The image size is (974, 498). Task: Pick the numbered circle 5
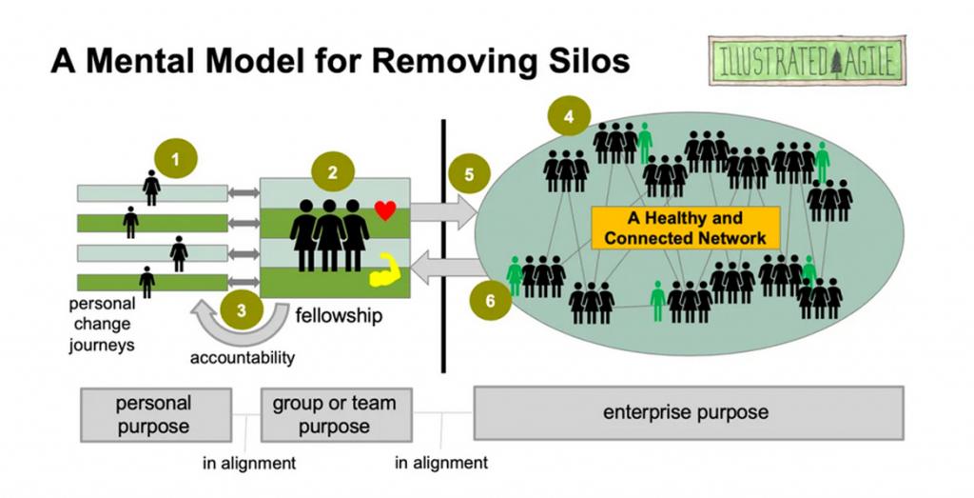(x=468, y=174)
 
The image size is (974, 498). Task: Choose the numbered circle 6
(x=490, y=300)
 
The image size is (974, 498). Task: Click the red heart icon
(x=384, y=210)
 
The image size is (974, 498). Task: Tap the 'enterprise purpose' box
(x=686, y=413)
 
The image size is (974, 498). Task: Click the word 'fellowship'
(x=338, y=316)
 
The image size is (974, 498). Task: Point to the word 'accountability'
(x=242, y=358)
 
